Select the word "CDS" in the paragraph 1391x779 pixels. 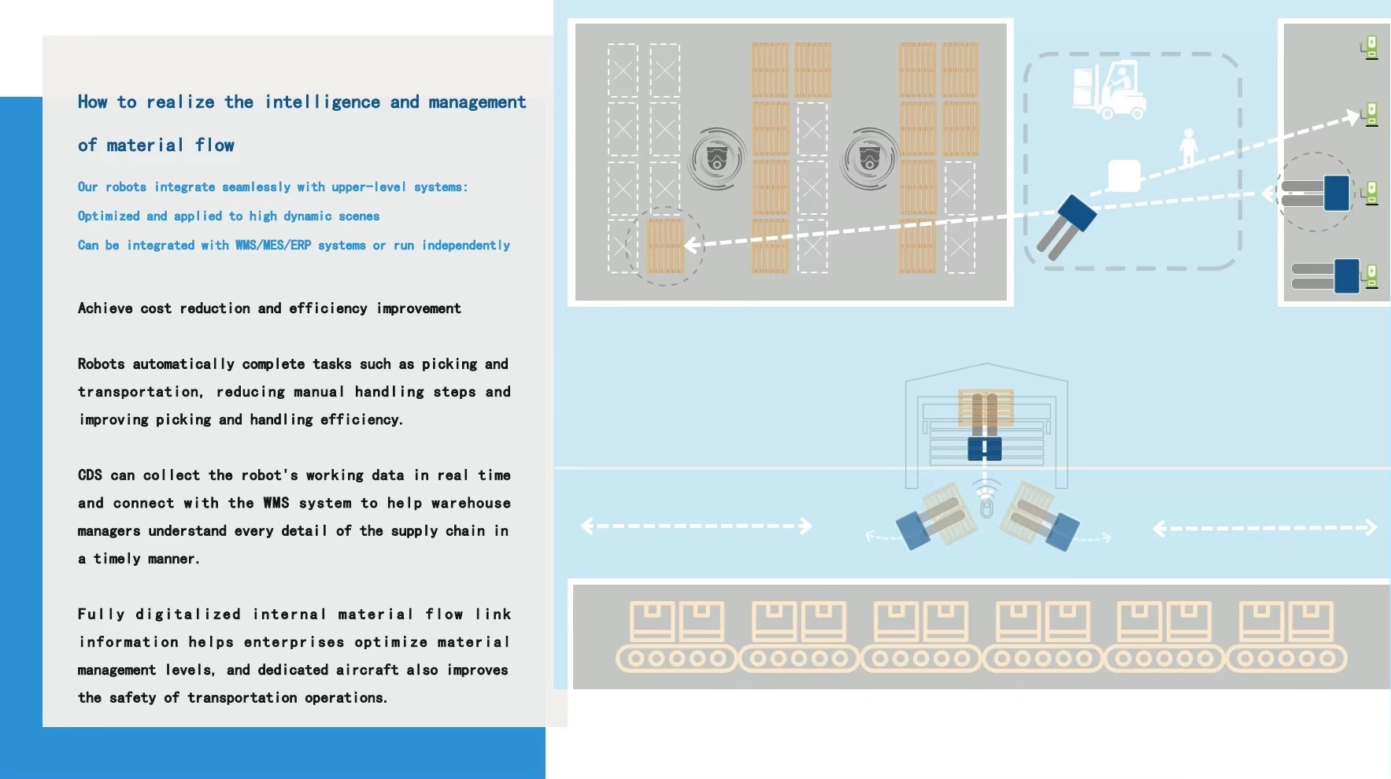(x=90, y=475)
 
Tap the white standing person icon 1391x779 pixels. (x=1189, y=148)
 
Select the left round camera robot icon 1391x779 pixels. (x=717, y=159)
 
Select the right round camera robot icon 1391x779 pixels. (x=870, y=159)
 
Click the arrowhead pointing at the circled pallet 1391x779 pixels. (x=690, y=246)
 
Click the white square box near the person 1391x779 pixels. (x=1124, y=175)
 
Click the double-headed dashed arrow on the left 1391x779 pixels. (x=696, y=526)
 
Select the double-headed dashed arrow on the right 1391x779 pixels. (x=1265, y=528)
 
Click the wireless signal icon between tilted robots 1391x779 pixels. (x=986, y=499)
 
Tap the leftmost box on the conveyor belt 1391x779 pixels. (x=652, y=621)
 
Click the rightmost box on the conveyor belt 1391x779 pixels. (x=1310, y=621)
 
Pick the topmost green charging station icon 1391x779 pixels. (x=1370, y=47)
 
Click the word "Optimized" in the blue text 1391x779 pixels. (x=109, y=216)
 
